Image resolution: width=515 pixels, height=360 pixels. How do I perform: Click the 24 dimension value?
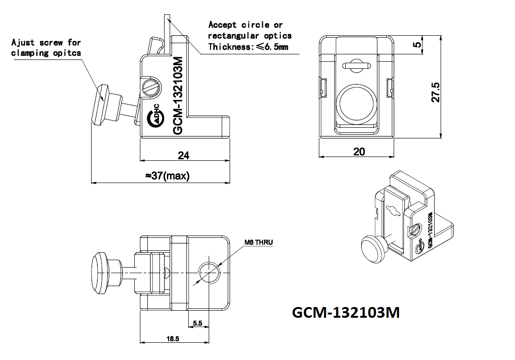184,155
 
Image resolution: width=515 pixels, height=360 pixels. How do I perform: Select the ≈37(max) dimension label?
167,176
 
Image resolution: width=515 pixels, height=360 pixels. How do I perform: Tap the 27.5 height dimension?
435,92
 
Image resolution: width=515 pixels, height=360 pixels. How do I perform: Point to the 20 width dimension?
359,151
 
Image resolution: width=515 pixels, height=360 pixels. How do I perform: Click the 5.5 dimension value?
198,323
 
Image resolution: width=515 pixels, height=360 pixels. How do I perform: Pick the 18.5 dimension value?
173,339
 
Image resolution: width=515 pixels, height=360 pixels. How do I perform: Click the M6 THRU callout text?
258,242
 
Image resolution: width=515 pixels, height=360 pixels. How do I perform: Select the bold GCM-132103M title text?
346,312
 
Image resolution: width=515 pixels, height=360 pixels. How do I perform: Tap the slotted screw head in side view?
152,87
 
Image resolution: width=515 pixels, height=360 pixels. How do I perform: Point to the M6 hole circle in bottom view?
209,273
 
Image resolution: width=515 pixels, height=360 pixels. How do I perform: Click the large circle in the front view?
357,104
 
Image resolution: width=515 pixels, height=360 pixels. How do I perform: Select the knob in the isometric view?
373,249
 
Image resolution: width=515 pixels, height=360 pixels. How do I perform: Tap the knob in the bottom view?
106,273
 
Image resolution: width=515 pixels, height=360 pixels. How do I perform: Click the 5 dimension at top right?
416,44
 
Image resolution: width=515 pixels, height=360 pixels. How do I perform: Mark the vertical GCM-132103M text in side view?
178,95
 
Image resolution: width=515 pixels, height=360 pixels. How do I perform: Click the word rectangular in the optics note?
233,36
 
